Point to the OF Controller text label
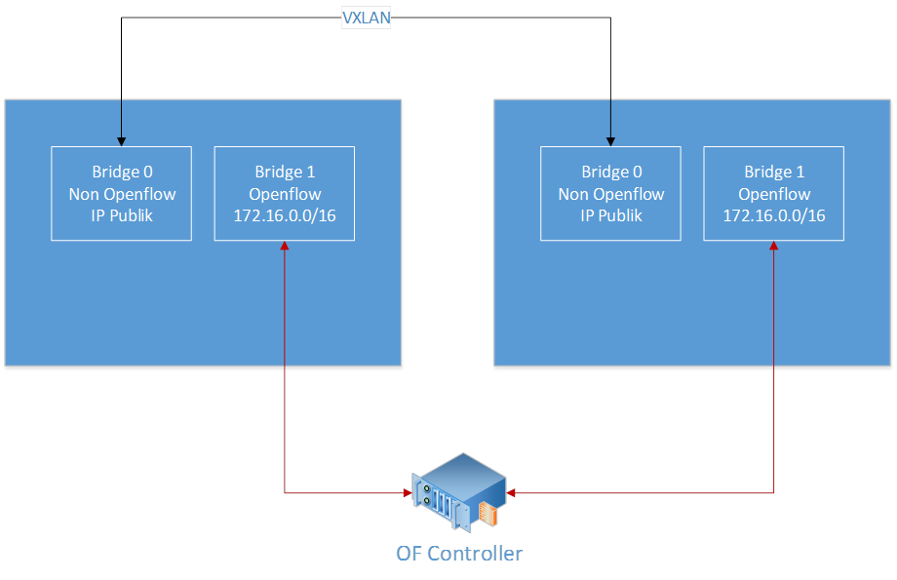(x=459, y=554)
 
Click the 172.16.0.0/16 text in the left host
(x=285, y=215)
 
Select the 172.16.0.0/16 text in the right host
(x=774, y=215)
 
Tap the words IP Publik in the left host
(x=122, y=215)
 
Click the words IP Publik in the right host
(x=611, y=215)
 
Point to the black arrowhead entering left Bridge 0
(x=121, y=140)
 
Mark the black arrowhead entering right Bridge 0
(x=610, y=140)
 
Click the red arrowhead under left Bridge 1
(x=285, y=247)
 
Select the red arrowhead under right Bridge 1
(x=774, y=247)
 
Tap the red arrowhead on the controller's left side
(x=407, y=493)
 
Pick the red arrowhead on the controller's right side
(x=511, y=493)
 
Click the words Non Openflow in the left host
(x=122, y=194)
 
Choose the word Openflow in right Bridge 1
(x=774, y=194)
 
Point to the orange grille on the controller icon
(x=487, y=514)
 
